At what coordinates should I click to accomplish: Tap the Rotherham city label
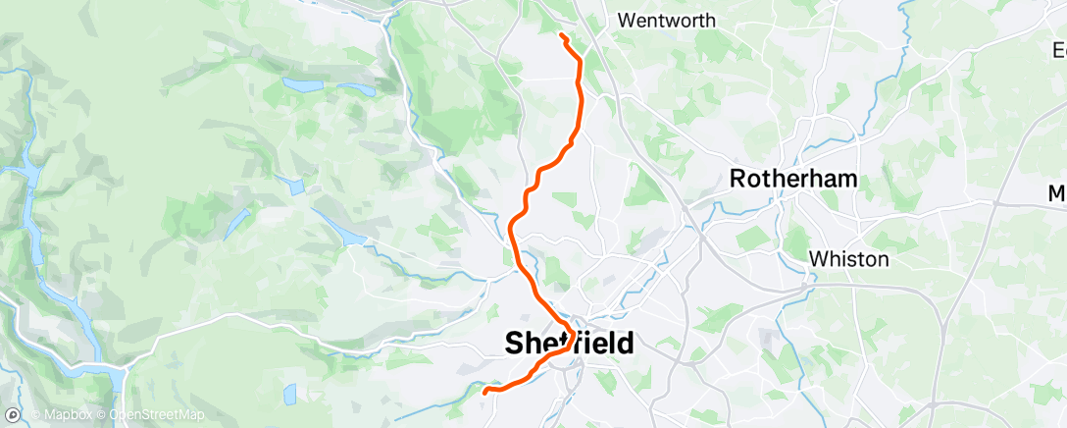pyautogui.click(x=794, y=180)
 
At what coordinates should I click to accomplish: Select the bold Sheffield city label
pyautogui.click(x=569, y=344)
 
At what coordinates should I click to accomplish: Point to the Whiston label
pyautogui.click(x=848, y=260)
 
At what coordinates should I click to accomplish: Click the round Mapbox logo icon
pyautogui.click(x=13, y=415)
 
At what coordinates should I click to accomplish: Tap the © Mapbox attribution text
pyautogui.click(x=64, y=415)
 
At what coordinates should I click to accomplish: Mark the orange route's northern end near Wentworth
pyautogui.click(x=561, y=36)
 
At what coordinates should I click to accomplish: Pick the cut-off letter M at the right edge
pyautogui.click(x=1057, y=192)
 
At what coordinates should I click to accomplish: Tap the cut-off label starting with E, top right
pyautogui.click(x=1059, y=48)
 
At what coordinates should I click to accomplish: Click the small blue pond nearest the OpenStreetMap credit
pyautogui.click(x=288, y=394)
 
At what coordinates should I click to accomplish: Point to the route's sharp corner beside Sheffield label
pyautogui.click(x=572, y=329)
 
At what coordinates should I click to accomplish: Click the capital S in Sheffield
pyautogui.click(x=515, y=344)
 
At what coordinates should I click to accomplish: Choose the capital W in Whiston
pyautogui.click(x=817, y=260)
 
